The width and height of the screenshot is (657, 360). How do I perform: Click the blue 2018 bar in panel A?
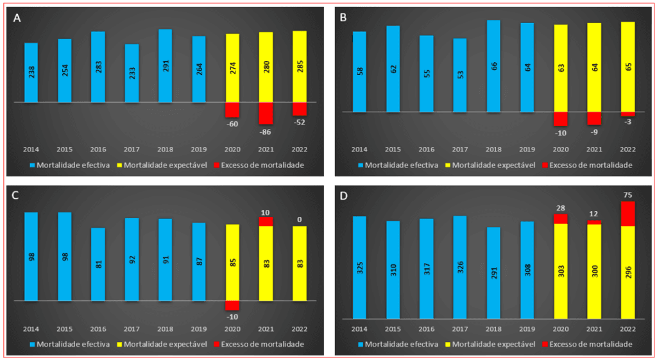coord(165,65)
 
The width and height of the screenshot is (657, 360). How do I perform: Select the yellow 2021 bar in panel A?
coord(266,67)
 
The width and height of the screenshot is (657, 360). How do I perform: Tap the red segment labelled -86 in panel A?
coord(266,113)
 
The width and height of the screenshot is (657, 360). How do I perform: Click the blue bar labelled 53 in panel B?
coord(460,75)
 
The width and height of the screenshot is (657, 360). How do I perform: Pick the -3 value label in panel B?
coord(627,123)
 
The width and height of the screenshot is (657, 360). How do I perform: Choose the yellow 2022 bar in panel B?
coord(627,67)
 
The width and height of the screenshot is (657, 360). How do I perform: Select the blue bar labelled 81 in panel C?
coord(98,264)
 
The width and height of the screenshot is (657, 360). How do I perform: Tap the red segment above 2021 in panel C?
coord(266,221)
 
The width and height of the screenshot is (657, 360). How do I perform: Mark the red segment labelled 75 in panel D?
coord(627,214)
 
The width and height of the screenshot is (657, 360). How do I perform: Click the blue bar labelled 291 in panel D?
coord(493,273)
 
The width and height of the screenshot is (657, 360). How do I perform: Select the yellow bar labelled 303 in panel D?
coord(560,271)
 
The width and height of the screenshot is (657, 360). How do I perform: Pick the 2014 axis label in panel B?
coord(359,149)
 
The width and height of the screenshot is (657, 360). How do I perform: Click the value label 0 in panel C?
coord(299,219)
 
